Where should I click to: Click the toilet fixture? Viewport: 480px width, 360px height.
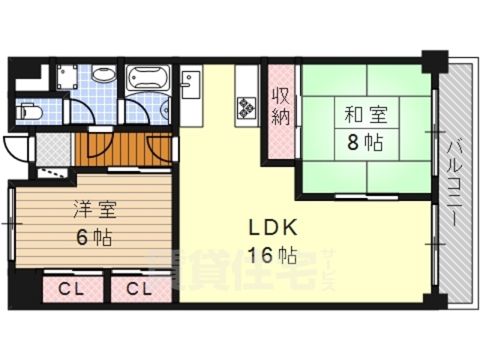(x=31, y=112)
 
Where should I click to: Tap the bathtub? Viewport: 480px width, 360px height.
(x=149, y=78)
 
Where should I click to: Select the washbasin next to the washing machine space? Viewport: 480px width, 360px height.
(x=103, y=76)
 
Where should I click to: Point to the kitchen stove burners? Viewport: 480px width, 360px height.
(x=245, y=108)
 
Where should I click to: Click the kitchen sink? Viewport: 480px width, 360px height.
(x=189, y=82)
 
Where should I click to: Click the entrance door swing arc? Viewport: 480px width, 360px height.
(x=15, y=147)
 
